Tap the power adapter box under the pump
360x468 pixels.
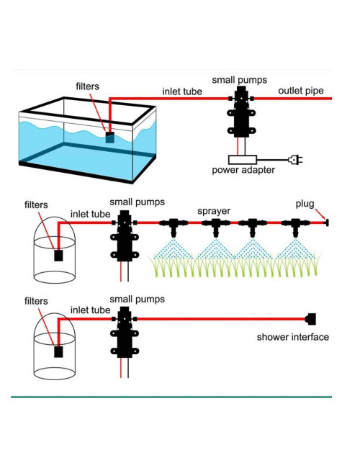point(242,159)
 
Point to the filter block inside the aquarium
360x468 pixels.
point(109,137)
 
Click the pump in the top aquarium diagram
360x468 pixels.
point(240,114)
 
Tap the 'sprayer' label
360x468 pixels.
point(214,211)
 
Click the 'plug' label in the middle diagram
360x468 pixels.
point(305,204)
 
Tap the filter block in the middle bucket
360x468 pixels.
point(59,255)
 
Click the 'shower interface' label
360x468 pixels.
point(293,337)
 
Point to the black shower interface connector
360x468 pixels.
point(311,318)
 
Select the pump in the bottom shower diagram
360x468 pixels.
point(124,333)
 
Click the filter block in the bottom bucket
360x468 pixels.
point(59,351)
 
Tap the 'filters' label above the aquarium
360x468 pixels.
point(91,86)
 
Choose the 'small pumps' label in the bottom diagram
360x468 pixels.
point(137,299)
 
